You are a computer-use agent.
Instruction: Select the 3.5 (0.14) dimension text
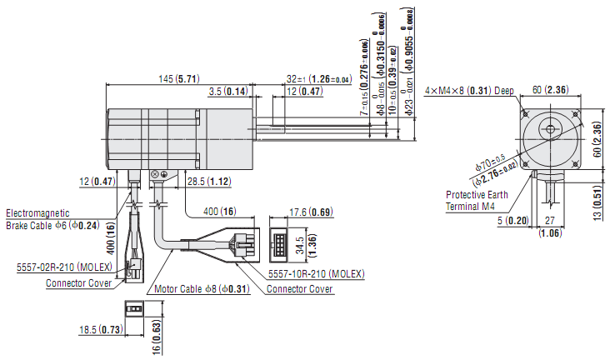coord(227,91)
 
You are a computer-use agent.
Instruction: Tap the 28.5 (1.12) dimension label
coord(207,181)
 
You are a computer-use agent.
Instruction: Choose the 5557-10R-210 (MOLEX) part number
coord(317,273)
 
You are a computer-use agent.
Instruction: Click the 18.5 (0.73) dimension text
coord(100,330)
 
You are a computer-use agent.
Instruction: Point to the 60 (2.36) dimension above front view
coord(550,90)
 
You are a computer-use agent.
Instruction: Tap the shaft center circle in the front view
coord(549,129)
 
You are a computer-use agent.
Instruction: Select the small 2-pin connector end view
coord(133,307)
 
